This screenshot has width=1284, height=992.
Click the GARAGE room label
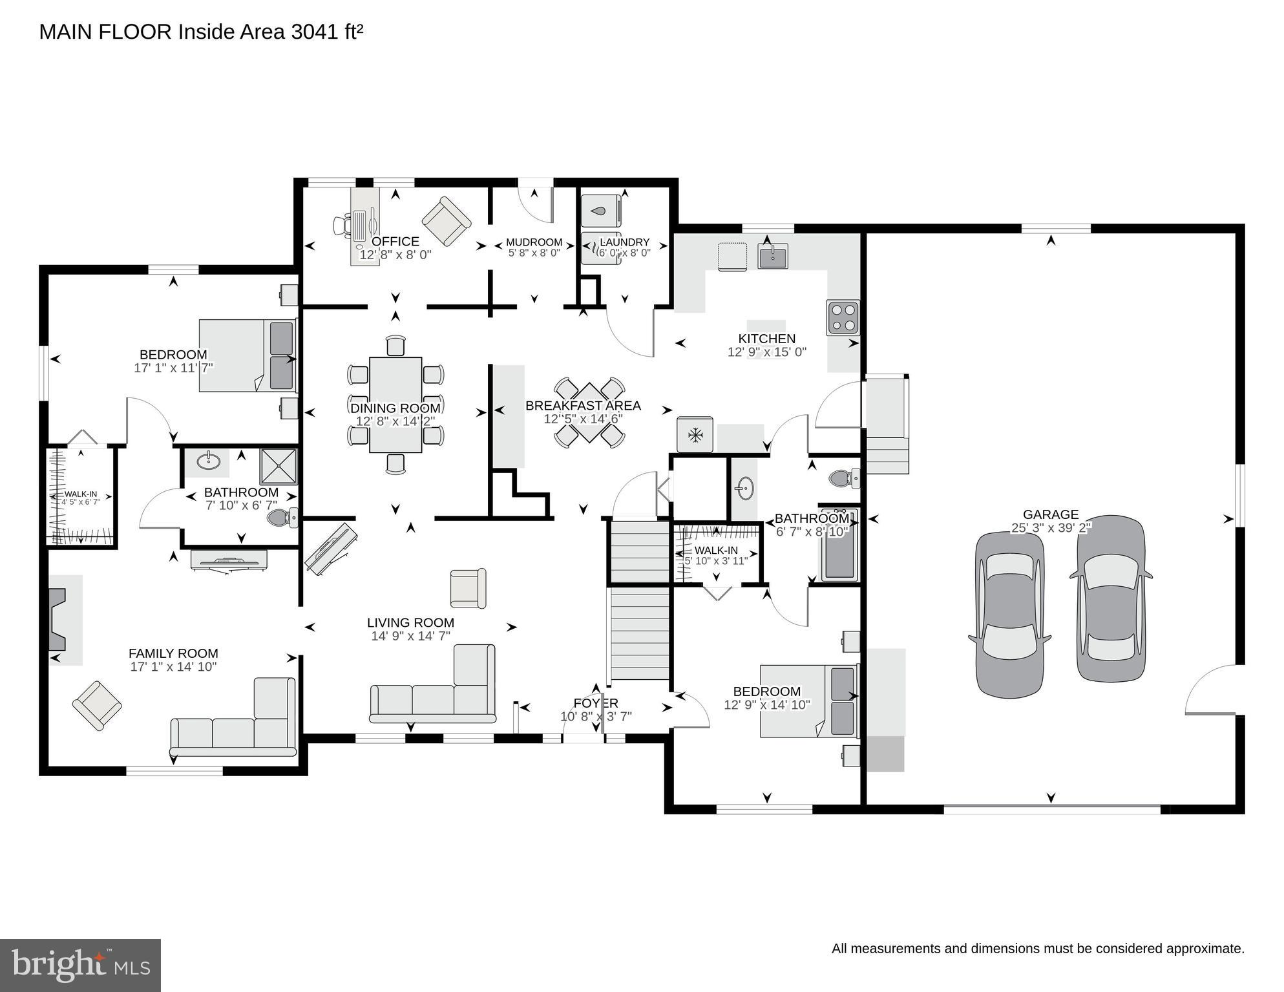[x=1050, y=514]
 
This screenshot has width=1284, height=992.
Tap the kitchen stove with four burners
[x=843, y=318]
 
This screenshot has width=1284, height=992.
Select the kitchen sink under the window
[x=773, y=257]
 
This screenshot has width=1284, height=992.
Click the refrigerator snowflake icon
[x=695, y=435]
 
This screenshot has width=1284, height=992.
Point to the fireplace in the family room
[x=58, y=620]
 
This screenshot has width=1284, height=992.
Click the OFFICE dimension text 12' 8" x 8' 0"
[x=395, y=255]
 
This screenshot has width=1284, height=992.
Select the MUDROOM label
[x=534, y=242]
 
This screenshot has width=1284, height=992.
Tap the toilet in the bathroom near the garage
[x=843, y=479]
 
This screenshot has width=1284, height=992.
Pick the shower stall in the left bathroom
[x=279, y=467]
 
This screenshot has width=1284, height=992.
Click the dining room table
[x=395, y=405]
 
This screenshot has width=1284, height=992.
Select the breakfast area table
[x=589, y=413]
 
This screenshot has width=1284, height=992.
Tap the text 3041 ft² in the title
[x=327, y=32]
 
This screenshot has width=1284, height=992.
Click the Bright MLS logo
[x=79, y=966]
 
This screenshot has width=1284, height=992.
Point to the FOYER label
[x=595, y=703]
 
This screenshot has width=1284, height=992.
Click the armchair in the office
[x=446, y=220]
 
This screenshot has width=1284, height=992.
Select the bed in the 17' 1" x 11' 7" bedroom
[x=247, y=355]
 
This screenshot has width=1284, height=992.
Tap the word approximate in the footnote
[x=1205, y=949]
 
